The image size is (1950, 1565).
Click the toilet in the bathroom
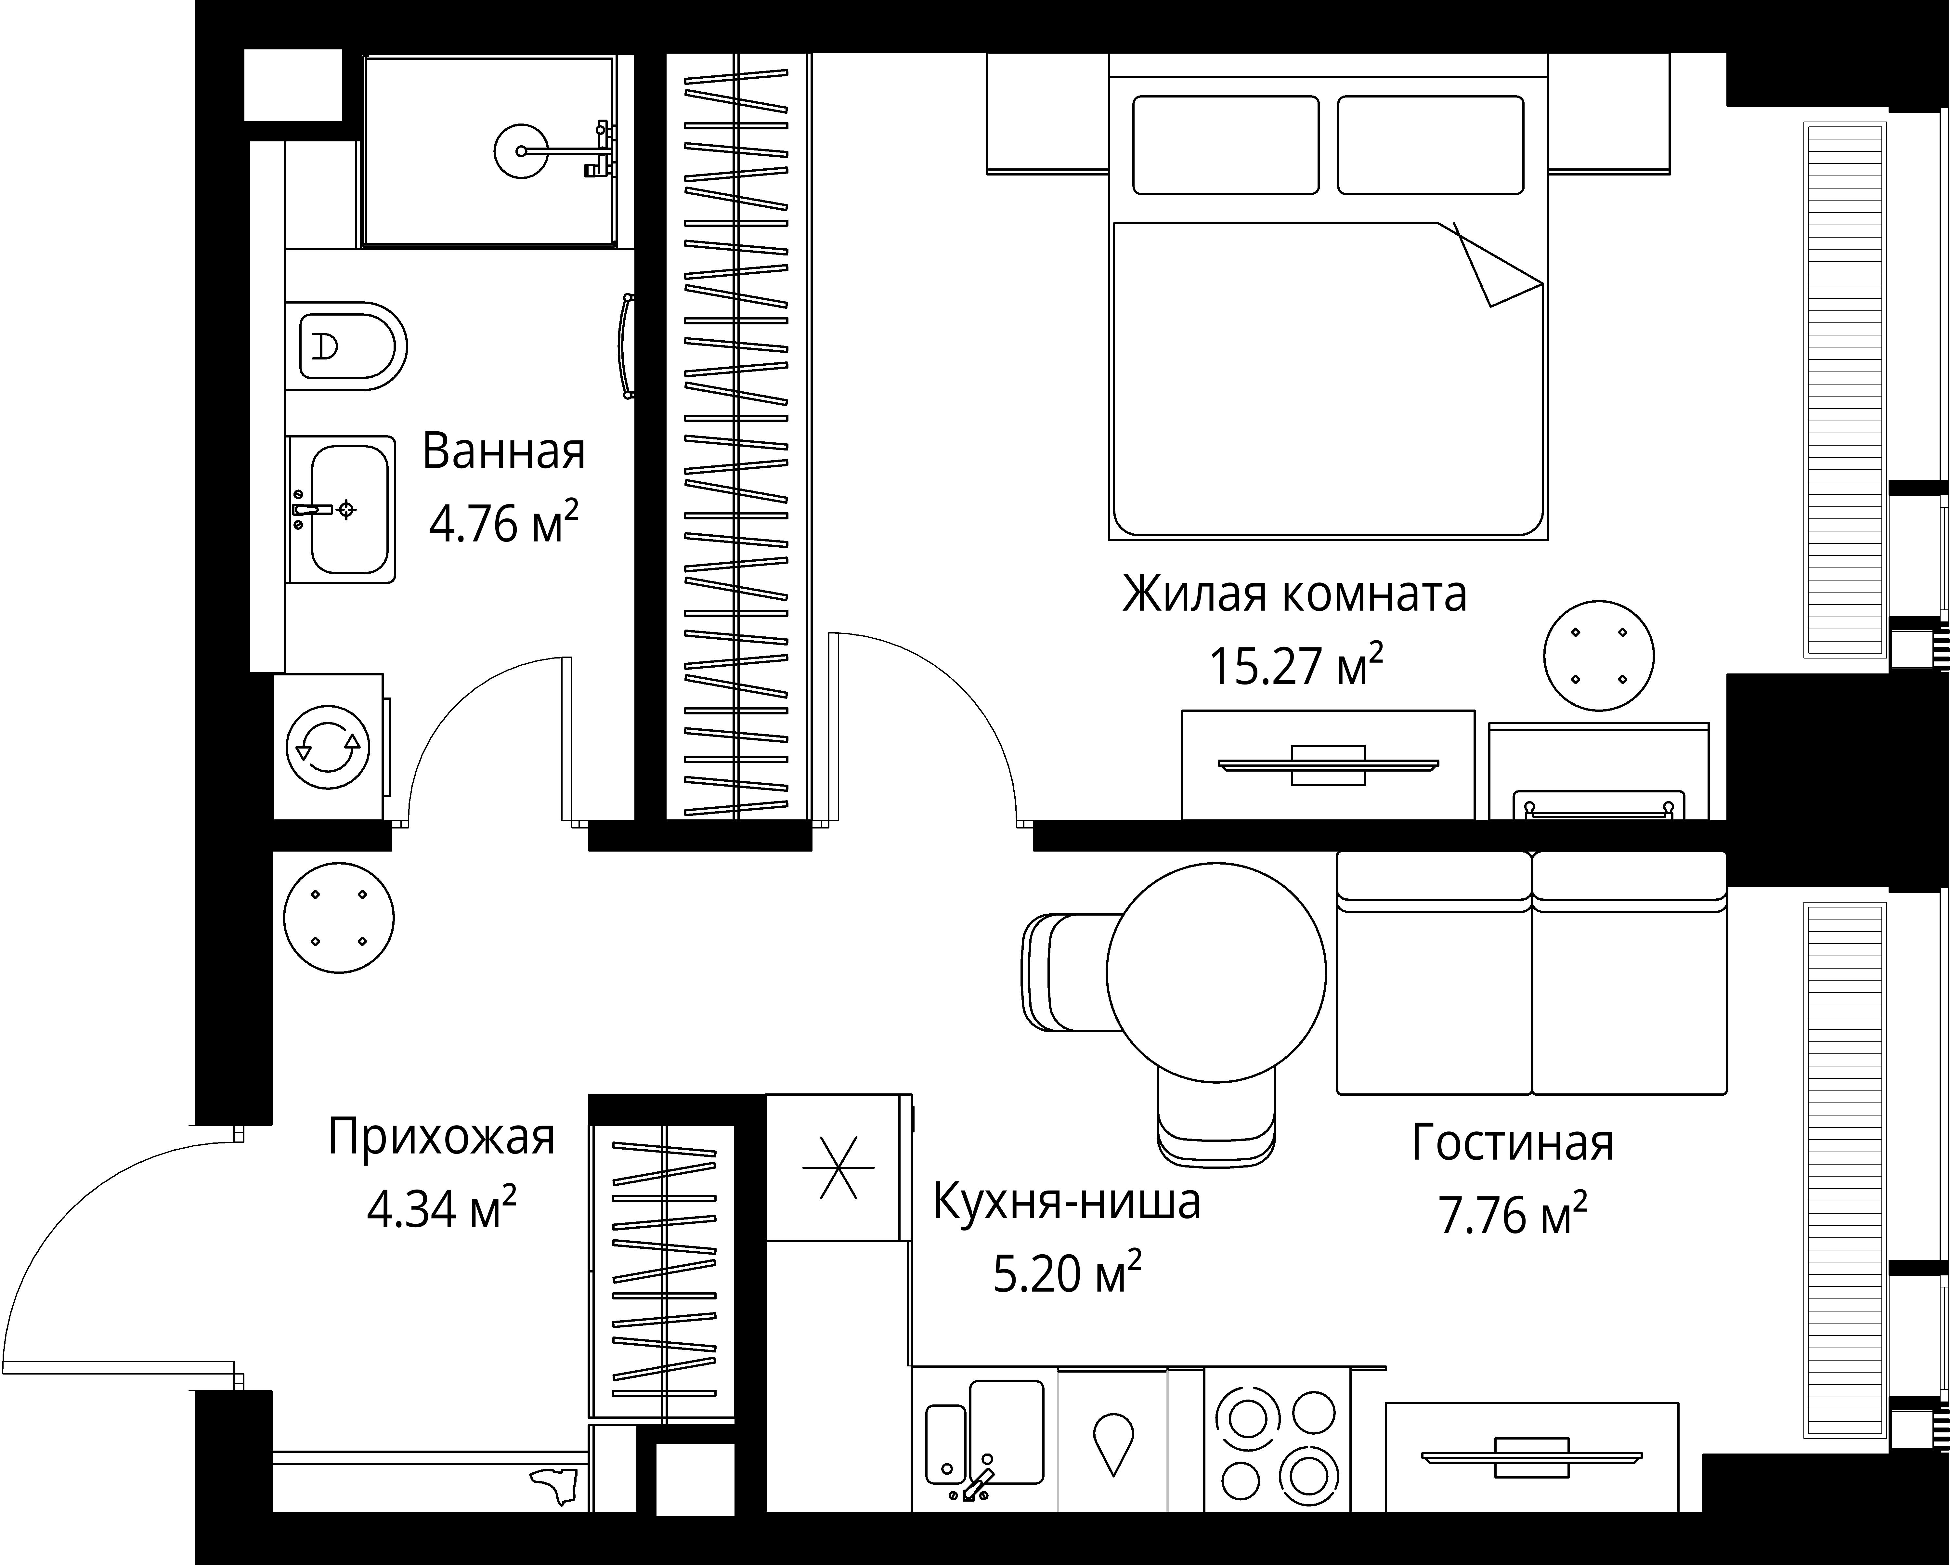tap(348, 346)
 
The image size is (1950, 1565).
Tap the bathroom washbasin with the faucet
tap(348, 509)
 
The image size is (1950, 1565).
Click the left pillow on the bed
tap(1226, 145)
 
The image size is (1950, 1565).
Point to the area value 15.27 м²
tap(1295, 667)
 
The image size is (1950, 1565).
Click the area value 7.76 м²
tap(1512, 1215)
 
